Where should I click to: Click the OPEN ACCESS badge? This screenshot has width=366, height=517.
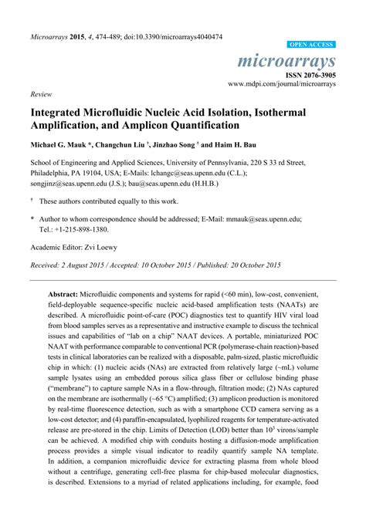pos(311,46)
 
